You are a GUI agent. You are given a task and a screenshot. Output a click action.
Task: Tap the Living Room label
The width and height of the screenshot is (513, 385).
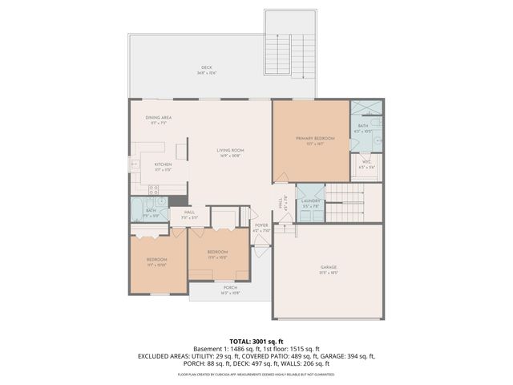pyautogui.click(x=230, y=152)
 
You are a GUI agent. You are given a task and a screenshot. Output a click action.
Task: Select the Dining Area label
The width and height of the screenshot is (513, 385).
pyautogui.click(x=159, y=120)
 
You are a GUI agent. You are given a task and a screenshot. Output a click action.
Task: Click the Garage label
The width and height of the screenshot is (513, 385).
pyautogui.click(x=329, y=270)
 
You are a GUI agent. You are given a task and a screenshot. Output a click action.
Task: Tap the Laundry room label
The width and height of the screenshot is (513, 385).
pyautogui.click(x=311, y=203)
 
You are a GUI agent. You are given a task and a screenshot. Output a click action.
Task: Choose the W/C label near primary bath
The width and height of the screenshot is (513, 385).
pyautogui.click(x=366, y=164)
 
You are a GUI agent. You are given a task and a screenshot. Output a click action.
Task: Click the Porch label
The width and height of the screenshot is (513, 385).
pyautogui.click(x=230, y=290)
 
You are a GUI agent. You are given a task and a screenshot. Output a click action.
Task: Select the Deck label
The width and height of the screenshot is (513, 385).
pyautogui.click(x=206, y=70)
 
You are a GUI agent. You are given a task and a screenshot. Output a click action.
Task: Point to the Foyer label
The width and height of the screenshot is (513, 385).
pyautogui.click(x=261, y=228)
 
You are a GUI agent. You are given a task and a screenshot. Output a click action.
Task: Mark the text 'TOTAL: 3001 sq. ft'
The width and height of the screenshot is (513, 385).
pyautogui.click(x=256, y=340)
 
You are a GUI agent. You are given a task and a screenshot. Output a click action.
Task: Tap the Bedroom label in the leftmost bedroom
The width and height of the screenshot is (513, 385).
pyautogui.click(x=156, y=261)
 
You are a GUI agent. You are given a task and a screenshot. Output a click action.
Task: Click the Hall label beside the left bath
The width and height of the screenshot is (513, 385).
pyautogui.click(x=188, y=214)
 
